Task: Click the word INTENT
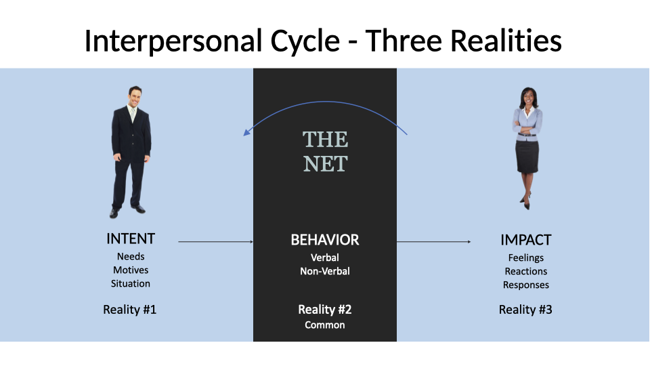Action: (131, 239)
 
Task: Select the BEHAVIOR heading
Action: (325, 240)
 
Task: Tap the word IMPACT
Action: (525, 240)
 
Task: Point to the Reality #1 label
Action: (130, 310)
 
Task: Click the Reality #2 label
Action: (325, 310)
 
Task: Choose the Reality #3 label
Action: (525, 310)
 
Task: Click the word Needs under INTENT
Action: (131, 256)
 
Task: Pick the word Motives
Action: (131, 270)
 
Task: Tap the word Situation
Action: (131, 284)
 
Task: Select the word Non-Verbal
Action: (325, 271)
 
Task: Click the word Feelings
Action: (525, 258)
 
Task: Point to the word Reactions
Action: (525, 271)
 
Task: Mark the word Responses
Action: (525, 285)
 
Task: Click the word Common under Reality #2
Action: (325, 325)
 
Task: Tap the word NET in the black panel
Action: (326, 164)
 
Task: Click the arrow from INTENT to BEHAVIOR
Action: (215, 241)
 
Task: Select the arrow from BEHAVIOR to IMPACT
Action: (433, 241)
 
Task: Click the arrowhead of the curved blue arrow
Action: (246, 132)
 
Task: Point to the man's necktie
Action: (132, 114)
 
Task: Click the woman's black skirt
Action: (527, 157)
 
